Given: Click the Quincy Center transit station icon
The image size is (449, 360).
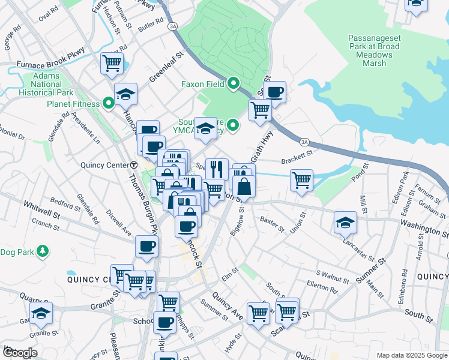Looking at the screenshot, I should pos(134,165).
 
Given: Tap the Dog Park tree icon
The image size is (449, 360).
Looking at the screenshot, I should pos(42,250).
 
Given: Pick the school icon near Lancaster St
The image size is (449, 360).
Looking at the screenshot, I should pos(346,223).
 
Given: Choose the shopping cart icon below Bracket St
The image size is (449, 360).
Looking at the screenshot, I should pos(301,180).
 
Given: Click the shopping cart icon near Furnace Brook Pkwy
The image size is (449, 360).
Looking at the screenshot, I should pos(112,63).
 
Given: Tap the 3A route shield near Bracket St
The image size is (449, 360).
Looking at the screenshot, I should pos(305,142).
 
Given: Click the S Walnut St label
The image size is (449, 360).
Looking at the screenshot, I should pos(332,278).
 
